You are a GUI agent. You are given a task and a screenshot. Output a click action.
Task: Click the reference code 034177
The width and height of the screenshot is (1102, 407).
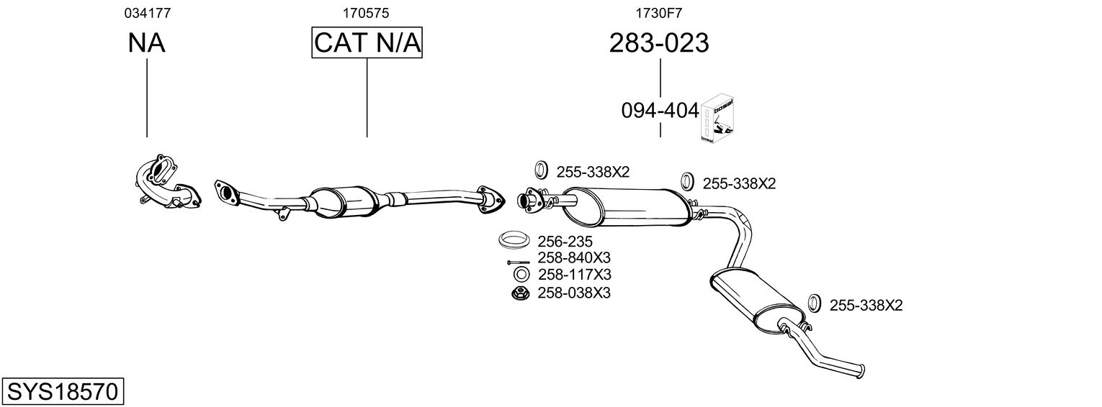pos(147,13)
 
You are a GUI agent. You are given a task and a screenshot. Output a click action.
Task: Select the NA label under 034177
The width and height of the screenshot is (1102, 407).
pos(147,43)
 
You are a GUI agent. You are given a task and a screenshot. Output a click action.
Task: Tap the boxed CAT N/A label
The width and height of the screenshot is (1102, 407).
pos(367,43)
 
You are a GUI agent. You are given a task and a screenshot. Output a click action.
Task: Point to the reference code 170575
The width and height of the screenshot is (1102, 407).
pos(367,13)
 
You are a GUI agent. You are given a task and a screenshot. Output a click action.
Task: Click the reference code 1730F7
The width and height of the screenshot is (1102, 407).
pos(659,13)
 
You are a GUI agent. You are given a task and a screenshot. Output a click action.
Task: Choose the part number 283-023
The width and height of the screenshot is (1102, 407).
pos(659,43)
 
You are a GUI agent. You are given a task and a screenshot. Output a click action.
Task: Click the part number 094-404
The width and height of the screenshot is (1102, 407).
pos(660,111)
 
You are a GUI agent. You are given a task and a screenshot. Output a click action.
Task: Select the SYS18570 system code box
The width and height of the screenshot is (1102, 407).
pos(63,392)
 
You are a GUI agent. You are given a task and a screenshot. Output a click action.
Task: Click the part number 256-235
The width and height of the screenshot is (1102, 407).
pos(565,241)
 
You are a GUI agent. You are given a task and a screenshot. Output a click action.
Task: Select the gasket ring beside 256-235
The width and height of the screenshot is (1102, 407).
pos(514,239)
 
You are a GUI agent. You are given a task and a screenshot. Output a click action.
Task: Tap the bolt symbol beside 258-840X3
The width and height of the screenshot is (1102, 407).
pos(518,262)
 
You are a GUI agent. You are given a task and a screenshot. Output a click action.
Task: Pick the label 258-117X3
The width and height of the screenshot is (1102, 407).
pos(574,275)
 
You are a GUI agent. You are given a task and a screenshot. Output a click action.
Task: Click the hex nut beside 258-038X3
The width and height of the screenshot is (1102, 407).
pos(519,293)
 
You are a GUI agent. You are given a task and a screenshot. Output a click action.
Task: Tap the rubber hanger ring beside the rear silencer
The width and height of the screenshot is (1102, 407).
pos(814,303)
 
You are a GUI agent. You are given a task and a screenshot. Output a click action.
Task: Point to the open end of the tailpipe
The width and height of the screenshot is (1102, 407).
pos(861,370)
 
